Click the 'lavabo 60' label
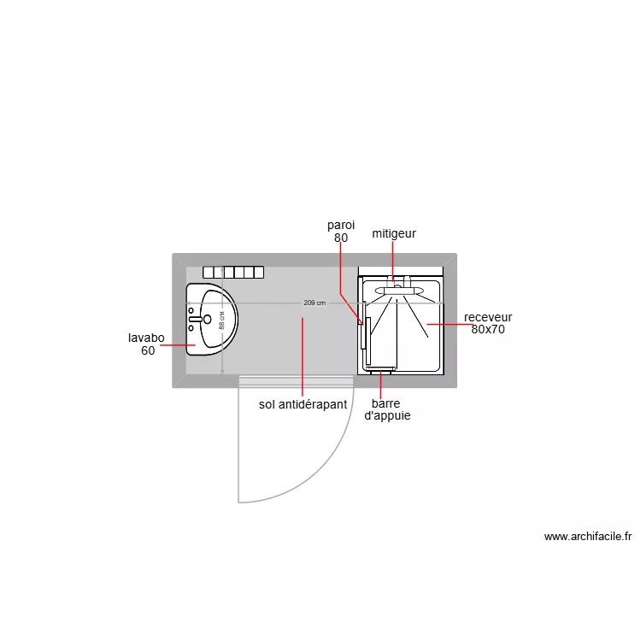[148, 344]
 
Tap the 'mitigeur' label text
[393, 233]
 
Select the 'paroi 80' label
[341, 232]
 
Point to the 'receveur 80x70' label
[488, 323]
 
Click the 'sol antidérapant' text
[303, 404]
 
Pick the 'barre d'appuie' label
[387, 410]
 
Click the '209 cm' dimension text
[315, 303]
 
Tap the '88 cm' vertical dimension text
[222, 320]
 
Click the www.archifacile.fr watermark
[588, 537]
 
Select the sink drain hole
[207, 319]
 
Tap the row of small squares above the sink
[234, 273]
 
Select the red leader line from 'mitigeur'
[393, 259]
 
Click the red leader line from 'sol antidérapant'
[303, 355]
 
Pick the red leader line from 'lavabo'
[178, 345]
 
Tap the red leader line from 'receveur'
[449, 325]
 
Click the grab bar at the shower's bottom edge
[380, 370]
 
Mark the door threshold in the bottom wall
[296, 381]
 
